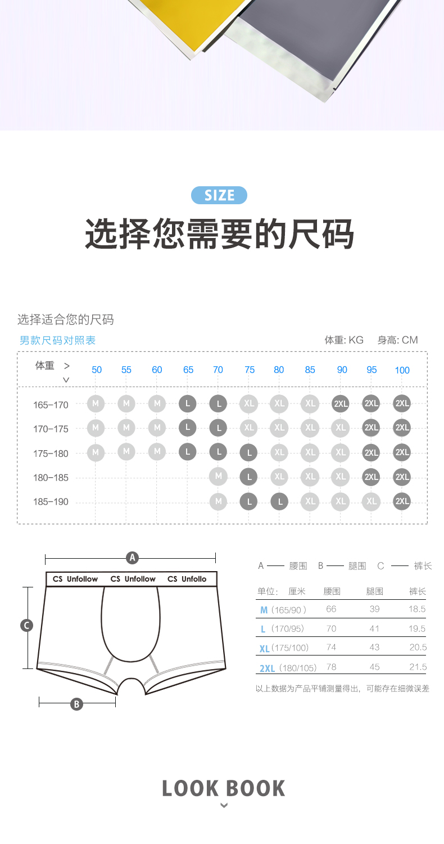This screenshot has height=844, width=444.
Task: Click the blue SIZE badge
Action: [x=219, y=195]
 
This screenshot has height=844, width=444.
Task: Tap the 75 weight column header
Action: [x=250, y=370]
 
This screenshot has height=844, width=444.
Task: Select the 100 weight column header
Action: [x=402, y=370]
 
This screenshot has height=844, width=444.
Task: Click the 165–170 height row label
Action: [x=51, y=405]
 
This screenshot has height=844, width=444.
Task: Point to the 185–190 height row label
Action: [x=51, y=502]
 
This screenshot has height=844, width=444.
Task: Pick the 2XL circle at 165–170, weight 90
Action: [x=341, y=403]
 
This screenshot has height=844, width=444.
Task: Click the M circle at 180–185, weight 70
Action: [x=218, y=476]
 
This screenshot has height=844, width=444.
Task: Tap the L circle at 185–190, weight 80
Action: [x=279, y=501]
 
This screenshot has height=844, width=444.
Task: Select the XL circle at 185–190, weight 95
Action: [x=371, y=501]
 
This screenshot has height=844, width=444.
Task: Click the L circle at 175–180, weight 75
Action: [x=249, y=452]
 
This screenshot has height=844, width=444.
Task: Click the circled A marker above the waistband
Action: [x=132, y=558]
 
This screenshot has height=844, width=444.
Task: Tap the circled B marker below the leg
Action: [x=77, y=704]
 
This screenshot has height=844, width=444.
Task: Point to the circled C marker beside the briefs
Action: [x=27, y=626]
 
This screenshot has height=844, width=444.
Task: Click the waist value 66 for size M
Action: [x=331, y=609]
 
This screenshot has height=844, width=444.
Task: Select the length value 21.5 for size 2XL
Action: [x=418, y=667]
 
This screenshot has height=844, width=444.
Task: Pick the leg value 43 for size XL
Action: [x=374, y=647]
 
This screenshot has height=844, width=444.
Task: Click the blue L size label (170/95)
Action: [x=263, y=629]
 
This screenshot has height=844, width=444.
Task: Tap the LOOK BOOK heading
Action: [x=224, y=788]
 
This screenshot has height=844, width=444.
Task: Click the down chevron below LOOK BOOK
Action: [x=224, y=806]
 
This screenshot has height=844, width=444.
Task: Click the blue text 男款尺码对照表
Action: [x=57, y=340]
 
